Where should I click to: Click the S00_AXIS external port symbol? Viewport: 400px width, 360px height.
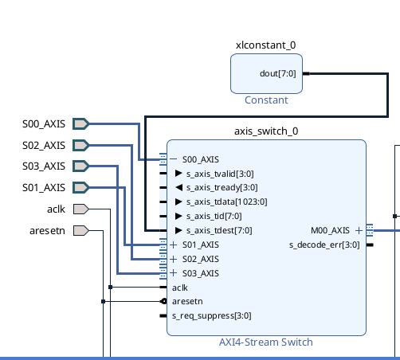(81, 124)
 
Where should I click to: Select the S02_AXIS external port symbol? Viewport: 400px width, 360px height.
(81, 146)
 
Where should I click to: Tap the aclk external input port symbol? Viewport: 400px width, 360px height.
(81, 209)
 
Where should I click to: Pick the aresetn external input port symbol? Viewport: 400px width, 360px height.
(81, 231)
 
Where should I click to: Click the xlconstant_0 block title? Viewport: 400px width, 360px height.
(266, 45)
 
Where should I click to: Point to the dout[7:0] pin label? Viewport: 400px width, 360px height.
(278, 73)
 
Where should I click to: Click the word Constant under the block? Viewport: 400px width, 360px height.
(266, 100)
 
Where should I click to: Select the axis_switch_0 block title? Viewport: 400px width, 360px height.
(266, 131)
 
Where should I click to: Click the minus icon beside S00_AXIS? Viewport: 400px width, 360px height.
(173, 159)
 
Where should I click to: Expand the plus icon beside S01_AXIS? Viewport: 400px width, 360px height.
(173, 245)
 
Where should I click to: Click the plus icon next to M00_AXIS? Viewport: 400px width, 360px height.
(359, 230)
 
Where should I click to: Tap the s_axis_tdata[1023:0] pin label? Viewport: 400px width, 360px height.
(227, 202)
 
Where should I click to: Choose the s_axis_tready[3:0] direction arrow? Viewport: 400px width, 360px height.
(179, 187)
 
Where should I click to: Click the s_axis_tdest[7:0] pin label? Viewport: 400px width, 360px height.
(219, 230)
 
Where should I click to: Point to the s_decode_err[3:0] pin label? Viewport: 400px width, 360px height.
(324, 245)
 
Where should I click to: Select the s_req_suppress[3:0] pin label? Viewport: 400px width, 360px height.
(212, 316)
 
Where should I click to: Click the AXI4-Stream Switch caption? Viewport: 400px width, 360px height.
(266, 342)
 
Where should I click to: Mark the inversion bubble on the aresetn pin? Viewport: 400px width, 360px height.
(164, 301)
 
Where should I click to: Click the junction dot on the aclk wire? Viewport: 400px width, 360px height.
(111, 287)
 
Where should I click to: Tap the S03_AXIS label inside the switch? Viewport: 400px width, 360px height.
(201, 273)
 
